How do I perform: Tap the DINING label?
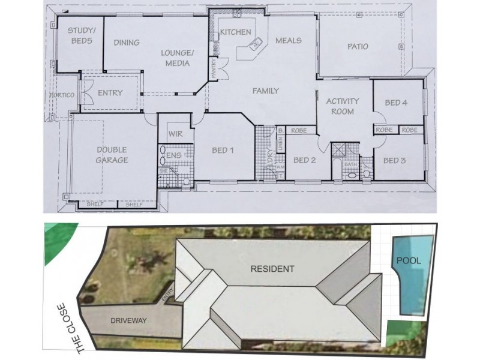click(x=126, y=43)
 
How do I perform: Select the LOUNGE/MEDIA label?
click(x=178, y=57)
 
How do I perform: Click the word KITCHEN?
click(x=235, y=32)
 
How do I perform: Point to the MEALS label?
click(x=288, y=41)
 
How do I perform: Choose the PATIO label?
click(x=358, y=46)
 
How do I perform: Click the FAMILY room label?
click(x=265, y=91)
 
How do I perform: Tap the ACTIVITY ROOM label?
click(x=342, y=106)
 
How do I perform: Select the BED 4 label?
click(x=396, y=103)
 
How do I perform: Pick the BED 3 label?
click(x=395, y=160)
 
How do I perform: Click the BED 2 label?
click(x=305, y=160)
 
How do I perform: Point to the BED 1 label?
click(x=222, y=150)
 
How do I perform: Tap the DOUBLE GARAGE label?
click(x=112, y=155)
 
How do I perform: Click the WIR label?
click(x=176, y=134)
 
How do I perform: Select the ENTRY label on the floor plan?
click(x=110, y=93)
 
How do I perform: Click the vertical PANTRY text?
click(x=213, y=67)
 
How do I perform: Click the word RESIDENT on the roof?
click(x=272, y=269)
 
